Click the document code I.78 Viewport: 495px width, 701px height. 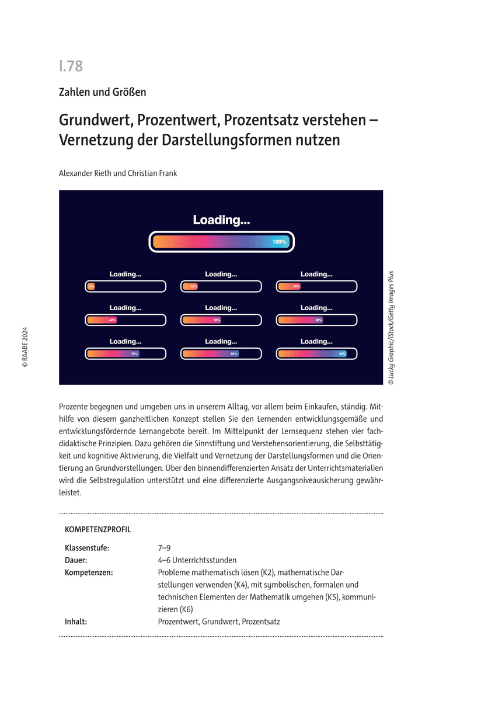[71, 67]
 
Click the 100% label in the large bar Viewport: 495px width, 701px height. [279, 242]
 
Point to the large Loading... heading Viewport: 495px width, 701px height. [221, 220]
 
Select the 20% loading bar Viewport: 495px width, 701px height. [221, 286]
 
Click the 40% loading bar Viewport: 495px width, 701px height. [126, 320]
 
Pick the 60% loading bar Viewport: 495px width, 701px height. [316, 320]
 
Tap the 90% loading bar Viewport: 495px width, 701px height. [316, 353]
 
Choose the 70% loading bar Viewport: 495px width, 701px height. [126, 353]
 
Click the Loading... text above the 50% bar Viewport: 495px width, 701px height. [221, 308]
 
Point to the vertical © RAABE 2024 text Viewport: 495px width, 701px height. [25, 346]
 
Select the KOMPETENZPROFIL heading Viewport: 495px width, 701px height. [97, 530]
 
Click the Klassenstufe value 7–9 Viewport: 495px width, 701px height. [164, 548]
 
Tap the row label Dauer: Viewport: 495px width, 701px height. [76, 560]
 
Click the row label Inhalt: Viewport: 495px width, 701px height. [76, 622]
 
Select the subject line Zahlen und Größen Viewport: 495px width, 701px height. [102, 92]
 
